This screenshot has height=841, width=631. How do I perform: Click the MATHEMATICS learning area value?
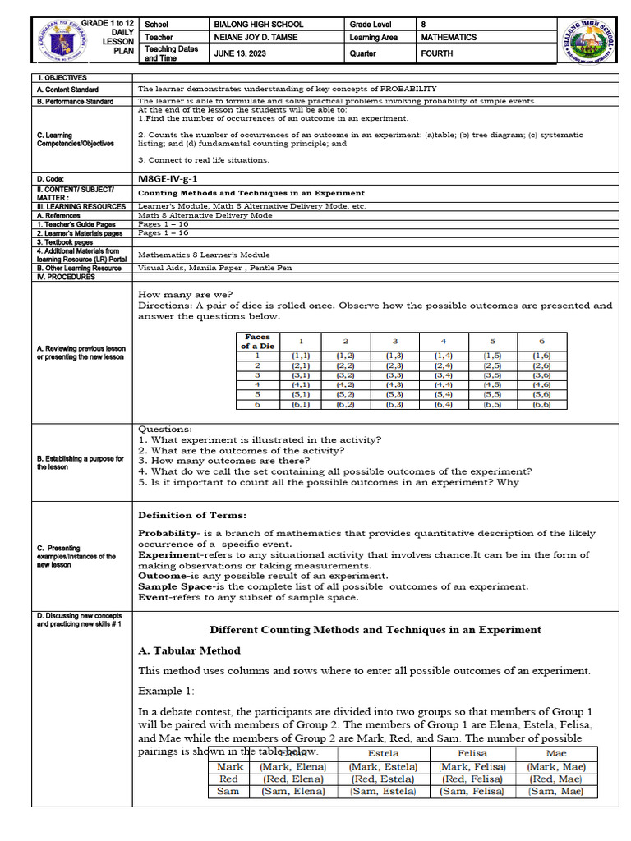[449, 38]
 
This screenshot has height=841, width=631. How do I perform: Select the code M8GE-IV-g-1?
[167, 177]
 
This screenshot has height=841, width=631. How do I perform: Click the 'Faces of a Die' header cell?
[257, 341]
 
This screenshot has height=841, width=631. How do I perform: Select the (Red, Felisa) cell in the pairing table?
[472, 779]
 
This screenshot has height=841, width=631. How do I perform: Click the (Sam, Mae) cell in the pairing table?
[556, 792]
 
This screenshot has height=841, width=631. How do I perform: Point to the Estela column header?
[384, 753]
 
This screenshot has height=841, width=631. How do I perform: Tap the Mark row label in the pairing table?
[230, 766]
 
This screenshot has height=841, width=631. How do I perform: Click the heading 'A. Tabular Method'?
[188, 650]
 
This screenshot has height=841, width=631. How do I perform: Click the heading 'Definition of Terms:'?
[191, 515]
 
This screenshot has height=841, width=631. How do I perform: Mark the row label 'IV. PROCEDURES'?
[67, 277]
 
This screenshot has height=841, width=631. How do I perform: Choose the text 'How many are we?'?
[185, 294]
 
